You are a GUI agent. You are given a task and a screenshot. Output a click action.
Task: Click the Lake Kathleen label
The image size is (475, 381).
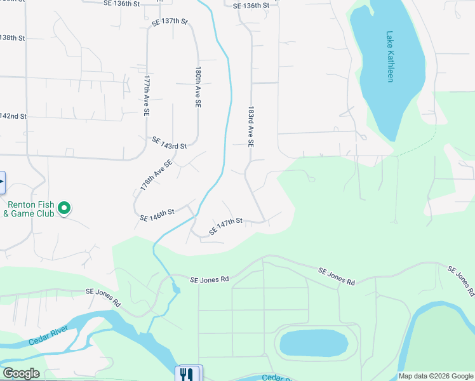[x=391, y=57]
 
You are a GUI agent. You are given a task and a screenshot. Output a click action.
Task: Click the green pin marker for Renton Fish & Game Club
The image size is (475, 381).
[x=64, y=208]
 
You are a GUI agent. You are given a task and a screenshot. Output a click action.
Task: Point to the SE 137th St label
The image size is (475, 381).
[x=170, y=22]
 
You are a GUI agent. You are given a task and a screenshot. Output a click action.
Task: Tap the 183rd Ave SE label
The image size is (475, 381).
[x=251, y=127]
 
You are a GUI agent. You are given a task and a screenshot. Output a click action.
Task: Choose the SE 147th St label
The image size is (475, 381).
[x=226, y=225]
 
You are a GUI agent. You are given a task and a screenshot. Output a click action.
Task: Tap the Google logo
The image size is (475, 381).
[x=21, y=374]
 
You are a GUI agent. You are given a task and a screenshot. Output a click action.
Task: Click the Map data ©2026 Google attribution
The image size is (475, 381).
[x=436, y=376]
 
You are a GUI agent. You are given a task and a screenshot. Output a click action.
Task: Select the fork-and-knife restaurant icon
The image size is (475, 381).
[x=186, y=374]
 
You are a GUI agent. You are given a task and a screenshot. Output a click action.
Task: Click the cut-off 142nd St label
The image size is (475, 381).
[x=13, y=116]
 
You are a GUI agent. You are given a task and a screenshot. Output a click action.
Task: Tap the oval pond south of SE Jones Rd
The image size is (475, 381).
[x=314, y=343]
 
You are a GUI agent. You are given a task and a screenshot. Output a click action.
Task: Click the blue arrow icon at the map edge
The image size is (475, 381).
[x=2, y=182]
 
